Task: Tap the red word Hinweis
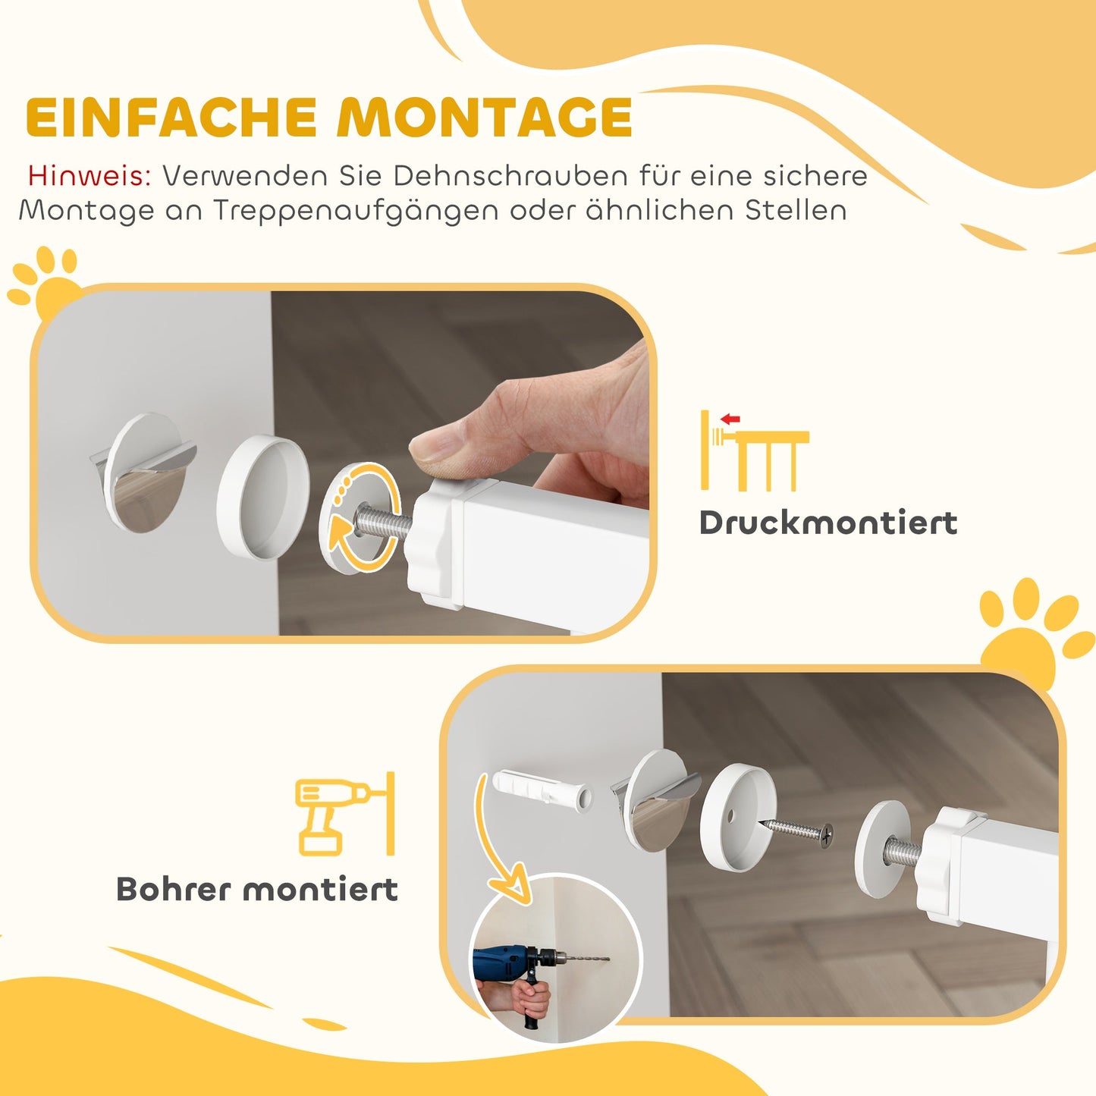point(90,175)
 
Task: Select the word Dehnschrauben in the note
point(510,175)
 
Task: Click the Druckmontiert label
point(827,523)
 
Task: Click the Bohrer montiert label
point(256,889)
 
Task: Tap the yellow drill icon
point(334,815)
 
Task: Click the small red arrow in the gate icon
point(730,419)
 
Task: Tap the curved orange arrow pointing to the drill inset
point(497,842)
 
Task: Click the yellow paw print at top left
point(46,284)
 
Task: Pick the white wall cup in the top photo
point(262,497)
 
